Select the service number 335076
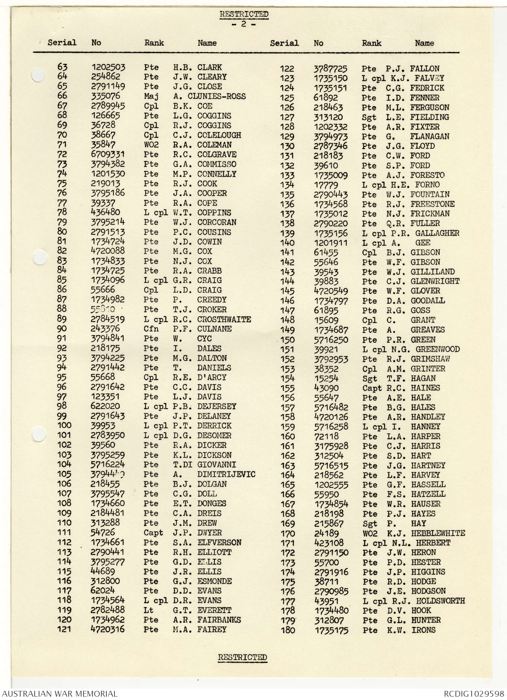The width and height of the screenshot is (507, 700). (105, 96)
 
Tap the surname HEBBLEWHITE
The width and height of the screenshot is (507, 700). (438, 533)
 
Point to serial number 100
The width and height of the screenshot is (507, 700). (64, 425)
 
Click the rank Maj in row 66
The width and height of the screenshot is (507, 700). (151, 96)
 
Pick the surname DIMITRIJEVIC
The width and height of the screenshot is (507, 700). (226, 474)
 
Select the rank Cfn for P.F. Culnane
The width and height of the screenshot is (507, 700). (151, 329)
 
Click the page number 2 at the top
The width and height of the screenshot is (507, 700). (243, 24)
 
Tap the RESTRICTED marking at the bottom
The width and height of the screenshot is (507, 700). (242, 657)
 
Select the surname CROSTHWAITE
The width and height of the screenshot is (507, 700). (224, 319)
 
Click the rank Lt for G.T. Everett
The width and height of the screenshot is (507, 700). (148, 610)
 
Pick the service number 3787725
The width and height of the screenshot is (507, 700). (330, 69)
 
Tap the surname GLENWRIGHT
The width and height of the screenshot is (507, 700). (435, 281)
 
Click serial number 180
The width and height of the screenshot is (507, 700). (288, 630)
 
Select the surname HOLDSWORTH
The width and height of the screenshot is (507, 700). (440, 601)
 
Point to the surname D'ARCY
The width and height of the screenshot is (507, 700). (212, 377)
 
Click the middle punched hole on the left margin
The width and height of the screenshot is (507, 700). (40, 258)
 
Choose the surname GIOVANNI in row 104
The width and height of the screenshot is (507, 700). (216, 465)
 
